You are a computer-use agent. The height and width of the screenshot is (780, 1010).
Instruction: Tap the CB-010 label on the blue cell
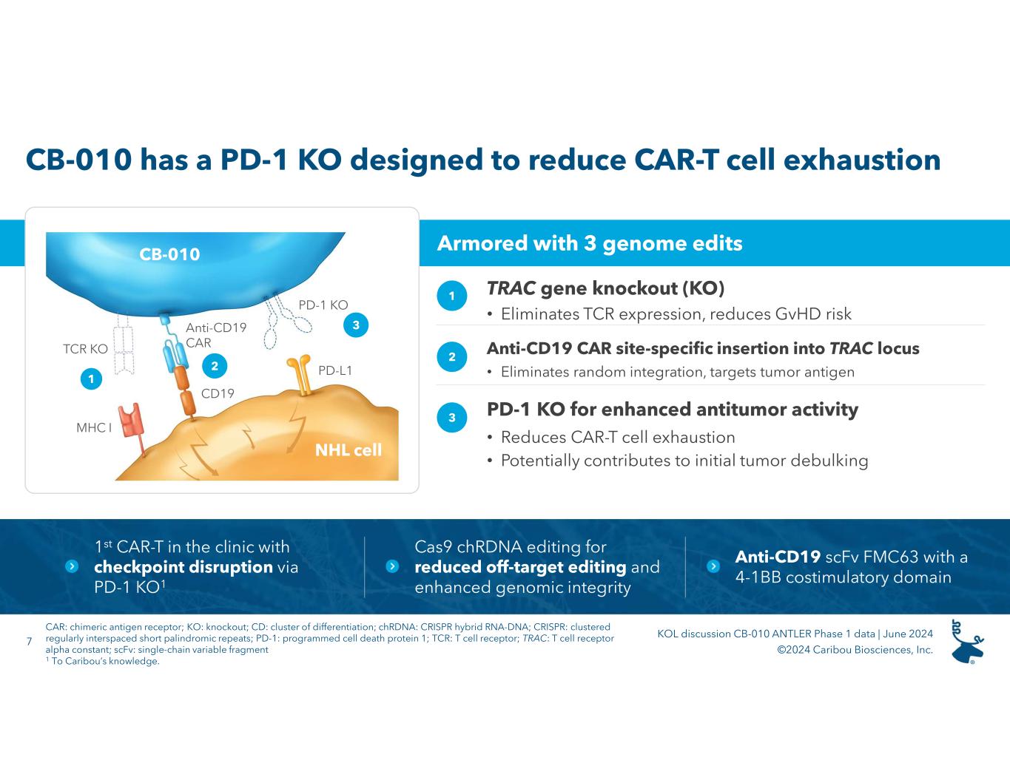[169, 254]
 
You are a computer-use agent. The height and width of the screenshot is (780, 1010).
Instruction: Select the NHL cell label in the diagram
[349, 450]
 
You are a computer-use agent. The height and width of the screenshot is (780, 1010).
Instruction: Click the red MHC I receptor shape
[130, 421]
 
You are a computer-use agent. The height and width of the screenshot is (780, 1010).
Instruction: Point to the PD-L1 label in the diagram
[335, 370]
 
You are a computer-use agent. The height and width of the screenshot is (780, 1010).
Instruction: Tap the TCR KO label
[86, 349]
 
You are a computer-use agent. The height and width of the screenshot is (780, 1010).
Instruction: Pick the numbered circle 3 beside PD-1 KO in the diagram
[356, 325]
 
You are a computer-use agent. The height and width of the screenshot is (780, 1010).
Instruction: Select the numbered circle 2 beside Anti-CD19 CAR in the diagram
[215, 365]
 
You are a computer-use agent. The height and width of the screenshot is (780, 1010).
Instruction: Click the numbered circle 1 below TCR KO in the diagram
[91, 379]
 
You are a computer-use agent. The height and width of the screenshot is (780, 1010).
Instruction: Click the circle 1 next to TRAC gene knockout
[452, 296]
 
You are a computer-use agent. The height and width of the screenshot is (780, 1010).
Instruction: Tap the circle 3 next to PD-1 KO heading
[452, 418]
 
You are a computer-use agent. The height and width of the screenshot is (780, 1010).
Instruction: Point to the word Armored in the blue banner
[474, 243]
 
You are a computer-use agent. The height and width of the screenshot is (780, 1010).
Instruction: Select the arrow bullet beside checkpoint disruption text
[72, 566]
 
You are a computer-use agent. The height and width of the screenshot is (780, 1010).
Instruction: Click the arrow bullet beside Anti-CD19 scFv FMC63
[713, 566]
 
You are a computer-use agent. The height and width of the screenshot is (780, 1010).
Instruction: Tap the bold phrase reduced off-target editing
[520, 567]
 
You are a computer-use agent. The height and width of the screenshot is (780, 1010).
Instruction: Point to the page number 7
[29, 640]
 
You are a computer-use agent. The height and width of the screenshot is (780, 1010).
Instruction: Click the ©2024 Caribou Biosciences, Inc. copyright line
[855, 650]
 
